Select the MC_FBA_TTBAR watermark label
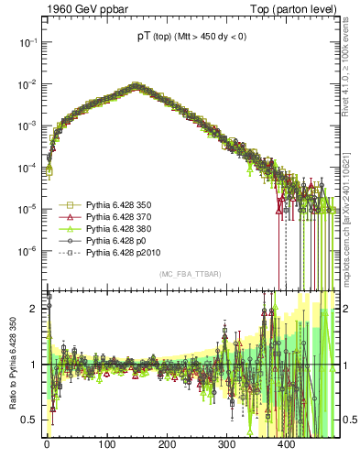click(x=190, y=275)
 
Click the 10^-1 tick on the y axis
click(x=27, y=42)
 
